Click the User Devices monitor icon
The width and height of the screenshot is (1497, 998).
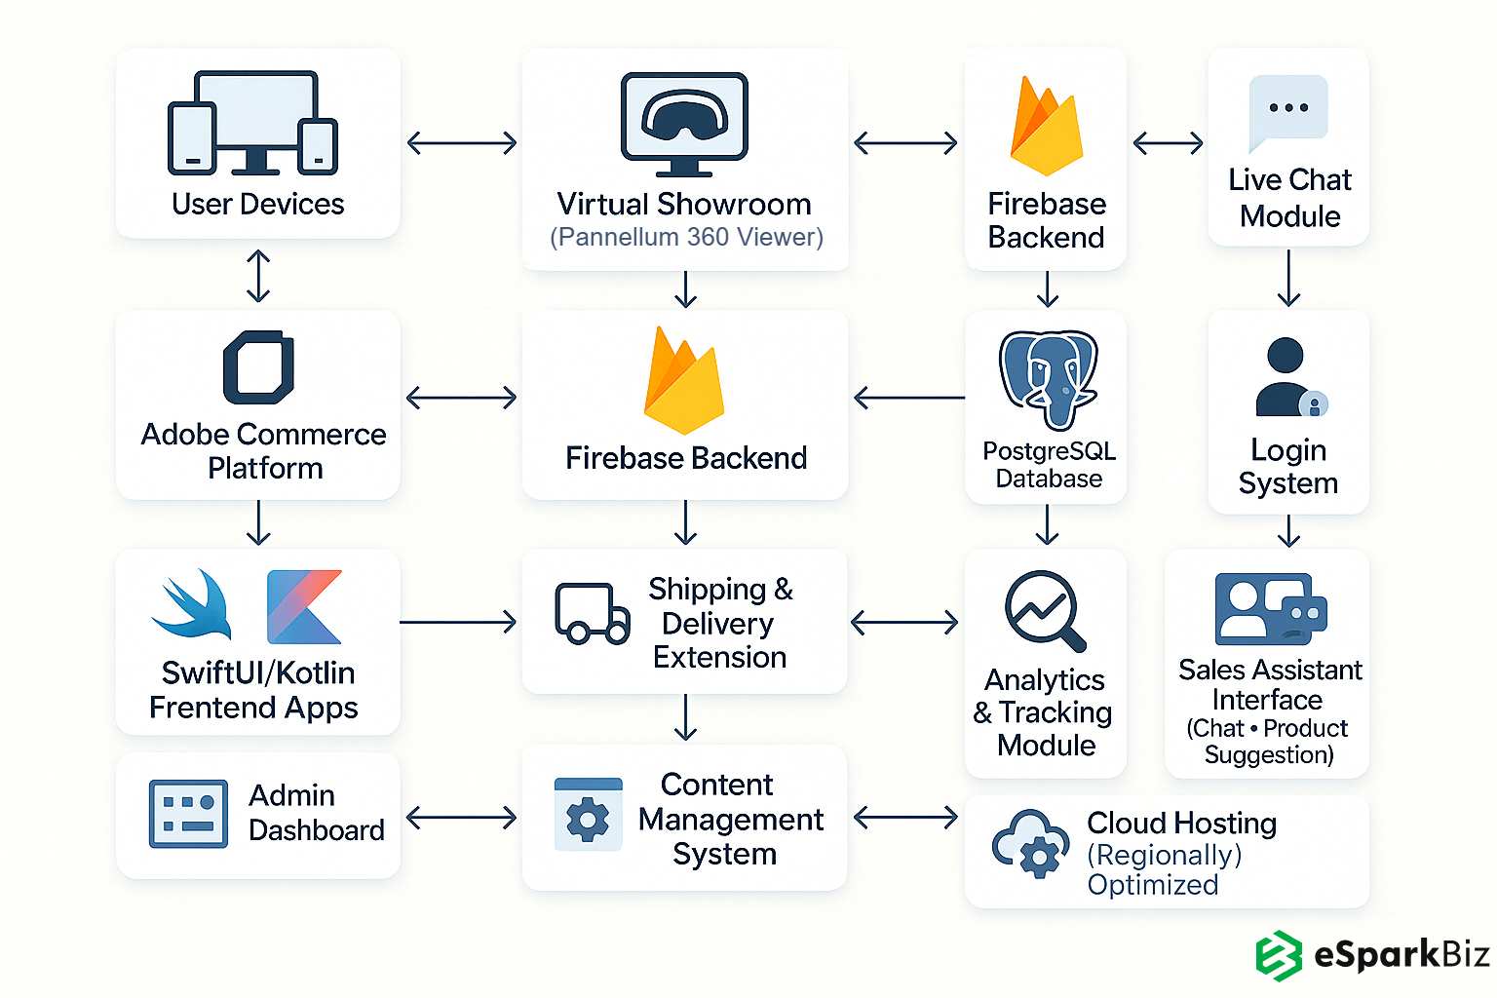254,122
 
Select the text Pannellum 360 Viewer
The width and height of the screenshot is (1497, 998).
686,237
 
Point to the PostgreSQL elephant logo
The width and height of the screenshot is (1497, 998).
1048,378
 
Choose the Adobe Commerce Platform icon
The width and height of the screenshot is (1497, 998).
258,367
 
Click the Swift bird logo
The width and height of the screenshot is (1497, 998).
193,604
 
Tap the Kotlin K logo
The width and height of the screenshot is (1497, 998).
304,606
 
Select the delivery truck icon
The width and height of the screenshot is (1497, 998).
592,614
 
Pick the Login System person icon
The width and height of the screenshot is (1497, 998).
1288,378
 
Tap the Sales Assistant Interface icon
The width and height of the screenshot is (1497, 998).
1270,609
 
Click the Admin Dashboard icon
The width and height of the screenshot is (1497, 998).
188,813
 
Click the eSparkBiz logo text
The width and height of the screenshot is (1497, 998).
1401,954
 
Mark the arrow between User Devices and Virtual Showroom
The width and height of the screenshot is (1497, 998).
461,143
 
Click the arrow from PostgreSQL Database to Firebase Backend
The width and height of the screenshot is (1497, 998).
908,398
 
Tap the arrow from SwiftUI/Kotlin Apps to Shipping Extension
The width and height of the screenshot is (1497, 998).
458,622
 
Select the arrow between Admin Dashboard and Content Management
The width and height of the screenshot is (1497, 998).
461,817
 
